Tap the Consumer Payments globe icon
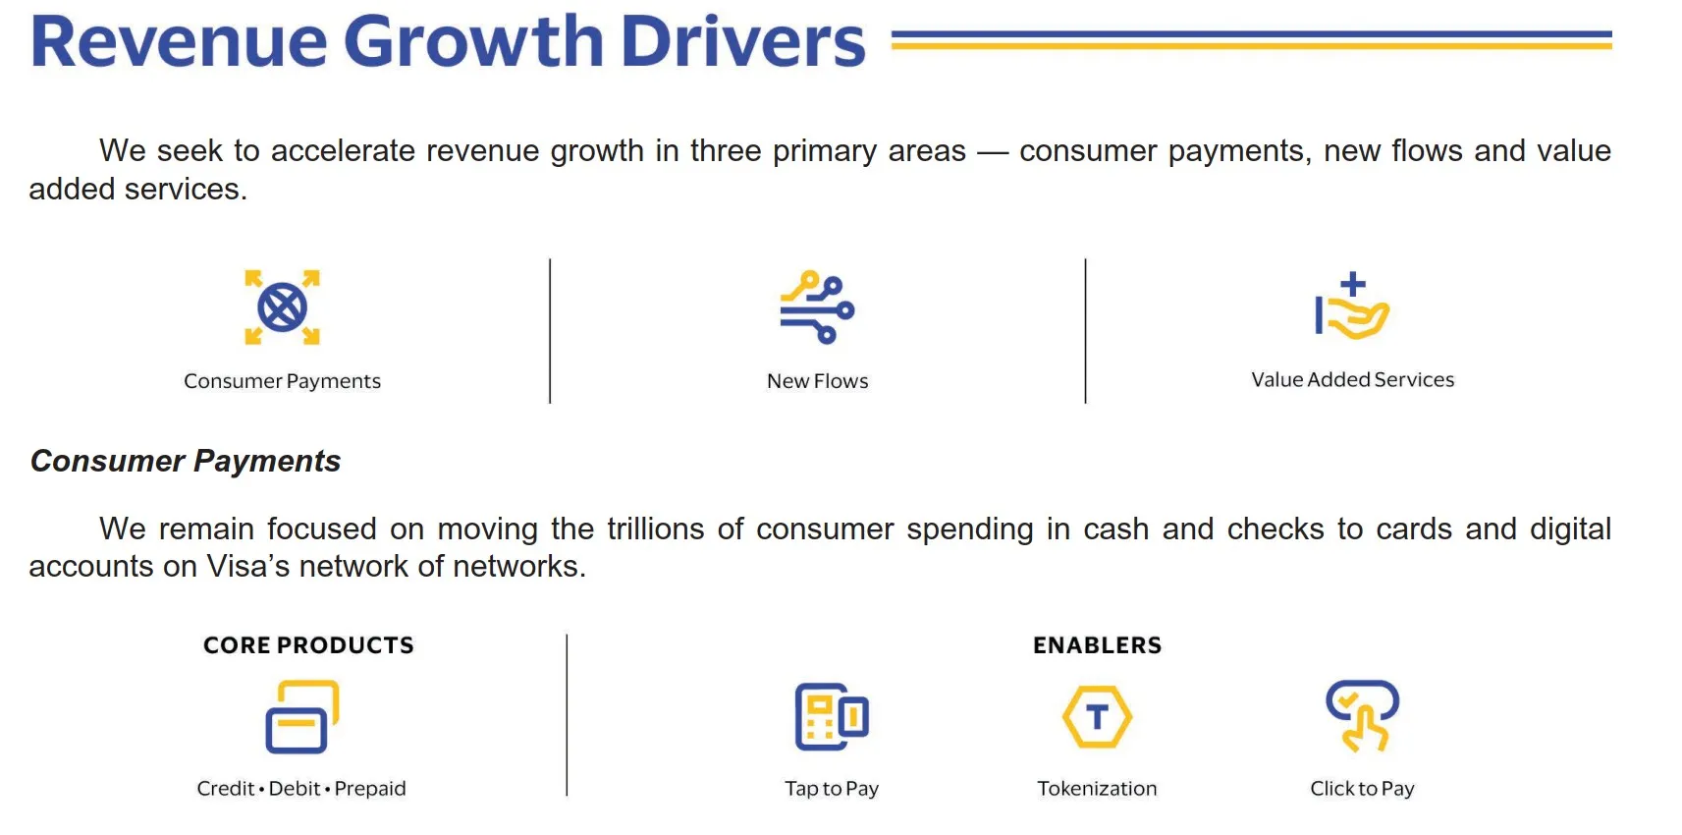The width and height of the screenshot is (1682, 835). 283,307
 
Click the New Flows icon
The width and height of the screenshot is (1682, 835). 817,307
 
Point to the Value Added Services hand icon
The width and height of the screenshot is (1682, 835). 1352,306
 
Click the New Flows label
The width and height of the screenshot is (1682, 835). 817,381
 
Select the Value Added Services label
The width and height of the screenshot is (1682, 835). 1352,379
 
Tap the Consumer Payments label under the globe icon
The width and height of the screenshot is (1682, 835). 283,381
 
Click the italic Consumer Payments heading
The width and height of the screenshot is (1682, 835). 186,461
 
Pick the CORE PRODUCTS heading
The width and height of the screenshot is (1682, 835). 308,645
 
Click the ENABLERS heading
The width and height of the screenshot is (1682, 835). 1097,645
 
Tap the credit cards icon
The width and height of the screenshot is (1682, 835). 302,716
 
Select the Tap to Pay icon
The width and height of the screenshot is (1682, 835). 832,716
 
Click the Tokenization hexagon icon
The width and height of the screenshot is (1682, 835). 1097,716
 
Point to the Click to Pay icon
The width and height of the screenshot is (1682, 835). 1362,716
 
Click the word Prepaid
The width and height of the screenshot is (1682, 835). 370,789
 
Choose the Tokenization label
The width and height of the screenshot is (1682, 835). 1097,789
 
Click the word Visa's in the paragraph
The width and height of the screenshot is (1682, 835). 247,566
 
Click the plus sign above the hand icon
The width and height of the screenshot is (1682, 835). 1352,284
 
